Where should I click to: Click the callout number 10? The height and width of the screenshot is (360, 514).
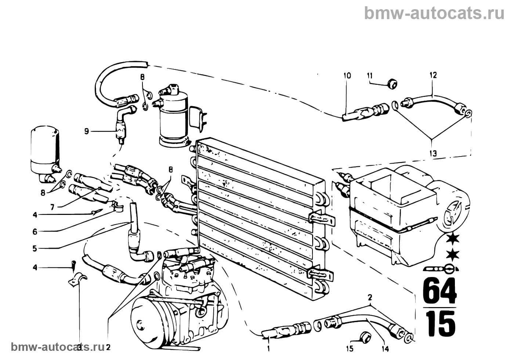click(347, 76)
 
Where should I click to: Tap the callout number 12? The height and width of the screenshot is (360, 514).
click(433, 75)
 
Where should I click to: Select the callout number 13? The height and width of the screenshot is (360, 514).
click(433, 154)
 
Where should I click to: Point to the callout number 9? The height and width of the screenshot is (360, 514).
click(87, 132)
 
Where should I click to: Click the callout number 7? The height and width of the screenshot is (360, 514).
click(53, 207)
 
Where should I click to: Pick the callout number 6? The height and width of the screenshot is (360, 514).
click(35, 232)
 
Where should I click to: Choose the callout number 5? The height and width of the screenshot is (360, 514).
click(35, 248)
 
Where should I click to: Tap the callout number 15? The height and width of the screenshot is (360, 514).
click(350, 349)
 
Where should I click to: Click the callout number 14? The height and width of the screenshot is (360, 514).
click(385, 349)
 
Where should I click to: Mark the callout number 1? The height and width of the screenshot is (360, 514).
click(268, 349)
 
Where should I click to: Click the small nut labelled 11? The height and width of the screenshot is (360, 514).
click(392, 84)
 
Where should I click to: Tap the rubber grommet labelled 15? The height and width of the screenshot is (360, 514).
click(365, 337)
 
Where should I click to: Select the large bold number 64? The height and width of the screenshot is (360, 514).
click(439, 291)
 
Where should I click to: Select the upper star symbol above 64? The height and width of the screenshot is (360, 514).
click(453, 239)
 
